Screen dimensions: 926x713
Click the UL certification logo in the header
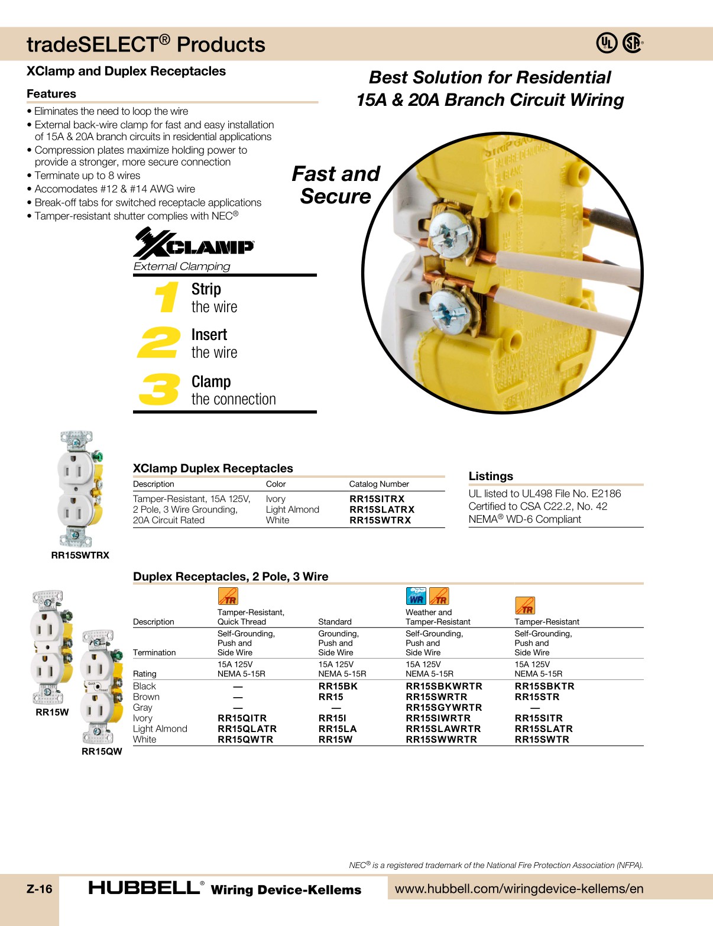(606, 43)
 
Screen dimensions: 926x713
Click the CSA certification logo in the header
(633, 43)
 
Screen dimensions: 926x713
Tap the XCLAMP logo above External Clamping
(194, 244)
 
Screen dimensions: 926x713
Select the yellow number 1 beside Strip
(168, 297)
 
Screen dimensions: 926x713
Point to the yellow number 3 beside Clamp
(158, 389)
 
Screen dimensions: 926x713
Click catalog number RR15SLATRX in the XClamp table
(382, 510)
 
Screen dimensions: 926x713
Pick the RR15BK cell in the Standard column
(338, 687)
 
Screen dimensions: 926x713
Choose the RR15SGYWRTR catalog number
(443, 708)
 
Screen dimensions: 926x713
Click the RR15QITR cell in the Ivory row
(242, 718)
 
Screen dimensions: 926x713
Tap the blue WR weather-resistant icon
(416, 596)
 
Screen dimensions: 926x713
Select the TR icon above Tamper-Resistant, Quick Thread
(228, 596)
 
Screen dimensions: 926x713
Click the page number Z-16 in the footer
(40, 889)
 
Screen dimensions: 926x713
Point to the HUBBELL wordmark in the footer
(144, 888)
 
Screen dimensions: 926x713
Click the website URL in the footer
(518, 889)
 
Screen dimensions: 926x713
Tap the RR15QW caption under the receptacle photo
(102, 752)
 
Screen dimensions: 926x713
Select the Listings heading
(491, 477)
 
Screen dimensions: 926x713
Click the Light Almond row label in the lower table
(160, 729)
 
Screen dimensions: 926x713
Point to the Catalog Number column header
(379, 484)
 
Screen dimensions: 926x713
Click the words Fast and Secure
(336, 185)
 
